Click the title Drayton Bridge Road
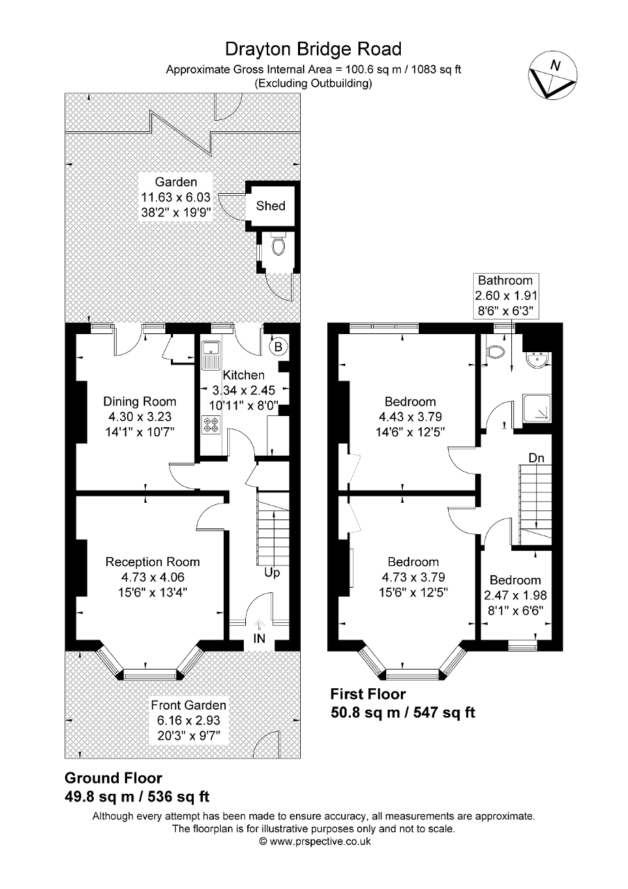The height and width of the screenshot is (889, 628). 313,49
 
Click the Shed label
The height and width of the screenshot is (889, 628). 270,206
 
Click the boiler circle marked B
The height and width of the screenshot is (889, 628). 277,345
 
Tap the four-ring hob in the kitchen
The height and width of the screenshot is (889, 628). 210,424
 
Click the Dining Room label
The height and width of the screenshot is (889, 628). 140,401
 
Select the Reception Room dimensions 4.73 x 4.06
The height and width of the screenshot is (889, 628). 152,577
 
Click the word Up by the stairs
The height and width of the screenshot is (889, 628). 272,573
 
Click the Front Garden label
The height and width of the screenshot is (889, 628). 188,705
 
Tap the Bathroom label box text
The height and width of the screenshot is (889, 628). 506,281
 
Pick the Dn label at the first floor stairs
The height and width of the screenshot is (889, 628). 536,458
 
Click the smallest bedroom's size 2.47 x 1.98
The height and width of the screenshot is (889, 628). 514,595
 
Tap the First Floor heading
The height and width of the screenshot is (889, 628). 367,694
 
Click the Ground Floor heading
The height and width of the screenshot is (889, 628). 113,778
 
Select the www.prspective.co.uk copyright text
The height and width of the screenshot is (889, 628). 314,841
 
